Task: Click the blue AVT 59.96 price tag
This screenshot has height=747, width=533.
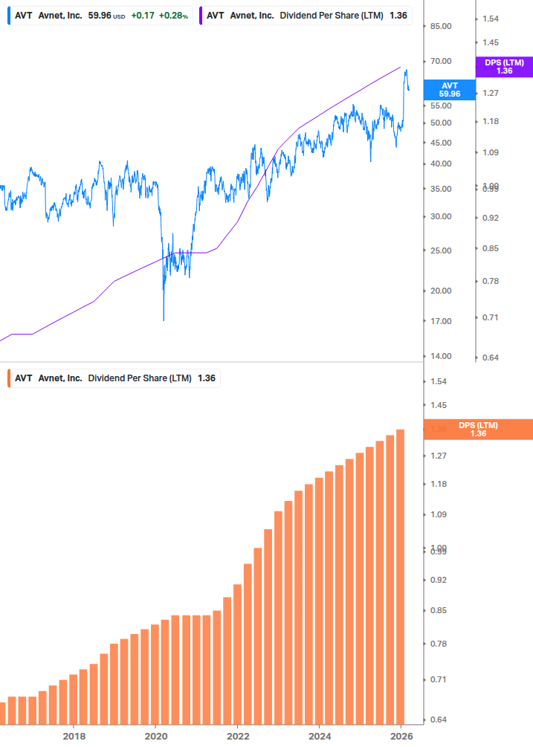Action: [x=450, y=90]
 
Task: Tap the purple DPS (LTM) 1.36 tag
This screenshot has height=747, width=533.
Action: [x=504, y=67]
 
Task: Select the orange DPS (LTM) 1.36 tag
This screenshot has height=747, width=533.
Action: [x=478, y=429]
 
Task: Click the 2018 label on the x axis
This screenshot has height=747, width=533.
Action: [x=74, y=736]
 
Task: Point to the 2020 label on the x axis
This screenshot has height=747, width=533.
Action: [x=155, y=736]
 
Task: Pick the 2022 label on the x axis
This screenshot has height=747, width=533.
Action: [x=238, y=736]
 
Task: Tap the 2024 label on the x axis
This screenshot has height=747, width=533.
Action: [x=320, y=736]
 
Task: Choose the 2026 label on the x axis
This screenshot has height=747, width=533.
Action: [x=401, y=736]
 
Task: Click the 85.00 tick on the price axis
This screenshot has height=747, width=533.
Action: [x=442, y=26]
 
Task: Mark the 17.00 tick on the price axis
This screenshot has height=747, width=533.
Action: [x=442, y=321]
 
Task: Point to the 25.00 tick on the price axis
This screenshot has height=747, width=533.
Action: [x=442, y=250]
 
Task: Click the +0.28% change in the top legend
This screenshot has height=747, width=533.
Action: [x=174, y=16]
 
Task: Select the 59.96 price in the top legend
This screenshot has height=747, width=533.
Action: [x=100, y=16]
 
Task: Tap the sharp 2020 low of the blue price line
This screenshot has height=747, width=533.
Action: [x=164, y=320]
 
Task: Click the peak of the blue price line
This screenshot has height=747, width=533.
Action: [x=406, y=71]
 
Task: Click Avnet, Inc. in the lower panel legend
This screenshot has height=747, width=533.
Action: [x=60, y=378]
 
